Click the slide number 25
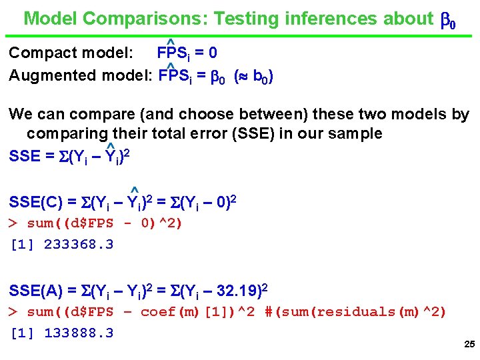[x=468, y=345]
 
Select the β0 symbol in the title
[x=448, y=20]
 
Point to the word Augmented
[x=53, y=75]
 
